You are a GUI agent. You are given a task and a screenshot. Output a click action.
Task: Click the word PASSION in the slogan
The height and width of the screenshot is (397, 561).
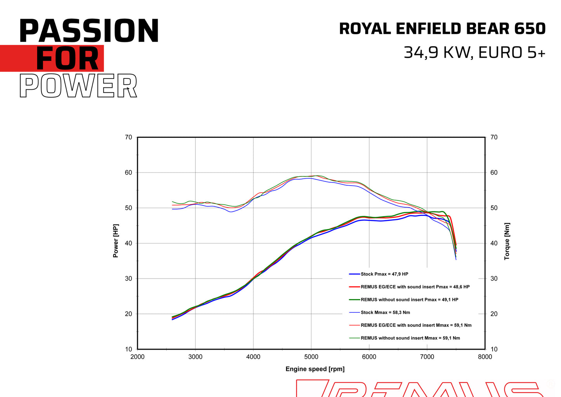tap(89, 31)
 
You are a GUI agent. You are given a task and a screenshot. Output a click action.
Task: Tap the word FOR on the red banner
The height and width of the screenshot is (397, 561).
tap(68, 59)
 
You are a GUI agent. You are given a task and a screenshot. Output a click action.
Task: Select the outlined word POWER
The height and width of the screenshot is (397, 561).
tap(78, 86)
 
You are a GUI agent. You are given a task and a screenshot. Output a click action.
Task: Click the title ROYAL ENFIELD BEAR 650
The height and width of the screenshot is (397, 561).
tap(442, 29)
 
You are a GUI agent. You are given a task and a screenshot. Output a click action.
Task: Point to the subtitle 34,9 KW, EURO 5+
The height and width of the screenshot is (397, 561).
tap(474, 52)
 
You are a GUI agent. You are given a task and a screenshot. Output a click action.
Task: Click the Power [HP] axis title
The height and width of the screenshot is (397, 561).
tap(116, 241)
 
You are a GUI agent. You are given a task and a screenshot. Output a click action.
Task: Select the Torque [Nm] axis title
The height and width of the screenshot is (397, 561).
tap(507, 241)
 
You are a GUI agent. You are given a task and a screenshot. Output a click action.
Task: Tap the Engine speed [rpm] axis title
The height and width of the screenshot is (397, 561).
tap(315, 369)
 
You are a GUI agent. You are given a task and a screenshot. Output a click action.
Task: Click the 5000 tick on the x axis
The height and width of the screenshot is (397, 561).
tap(311, 357)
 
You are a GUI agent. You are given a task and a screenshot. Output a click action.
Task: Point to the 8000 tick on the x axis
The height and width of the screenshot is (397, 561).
tap(485, 357)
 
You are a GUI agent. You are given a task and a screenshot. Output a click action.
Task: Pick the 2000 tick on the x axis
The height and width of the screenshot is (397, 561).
tap(137, 357)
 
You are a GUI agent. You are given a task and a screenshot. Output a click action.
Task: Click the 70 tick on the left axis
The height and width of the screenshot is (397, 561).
tap(129, 137)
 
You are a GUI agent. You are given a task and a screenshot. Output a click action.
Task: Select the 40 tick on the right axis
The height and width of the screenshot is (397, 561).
tap(494, 243)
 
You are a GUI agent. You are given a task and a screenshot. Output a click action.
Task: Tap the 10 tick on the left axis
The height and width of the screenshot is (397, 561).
tap(129, 349)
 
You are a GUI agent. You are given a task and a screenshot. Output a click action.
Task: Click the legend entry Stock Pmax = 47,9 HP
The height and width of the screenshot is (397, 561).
tap(384, 274)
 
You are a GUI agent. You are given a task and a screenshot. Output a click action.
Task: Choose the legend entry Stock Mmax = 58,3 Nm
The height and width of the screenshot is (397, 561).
tap(385, 313)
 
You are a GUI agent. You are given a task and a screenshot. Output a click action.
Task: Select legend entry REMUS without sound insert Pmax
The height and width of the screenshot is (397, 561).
tap(409, 300)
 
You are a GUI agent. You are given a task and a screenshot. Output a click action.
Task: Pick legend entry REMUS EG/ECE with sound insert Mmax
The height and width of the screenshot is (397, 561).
tap(416, 326)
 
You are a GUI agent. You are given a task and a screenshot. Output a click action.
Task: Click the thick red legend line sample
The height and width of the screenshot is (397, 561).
tap(354, 287)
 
